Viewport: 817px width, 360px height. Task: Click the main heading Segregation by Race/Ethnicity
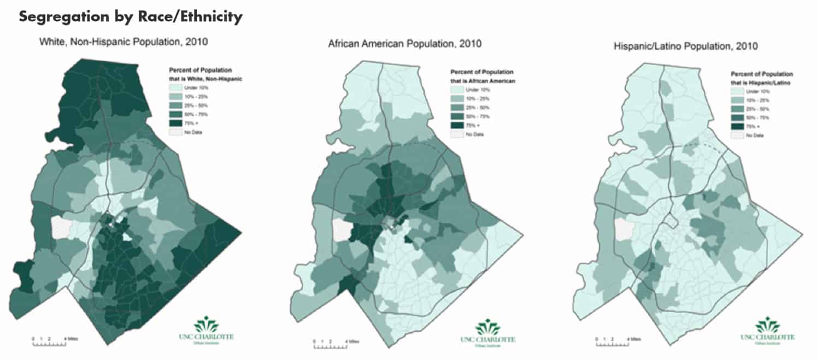click(x=131, y=17)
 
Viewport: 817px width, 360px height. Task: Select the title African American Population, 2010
click(x=404, y=44)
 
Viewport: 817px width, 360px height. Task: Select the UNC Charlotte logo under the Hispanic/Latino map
click(x=771, y=331)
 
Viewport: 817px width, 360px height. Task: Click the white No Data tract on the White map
click(x=61, y=227)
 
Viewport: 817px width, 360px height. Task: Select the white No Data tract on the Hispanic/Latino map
click(x=624, y=229)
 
